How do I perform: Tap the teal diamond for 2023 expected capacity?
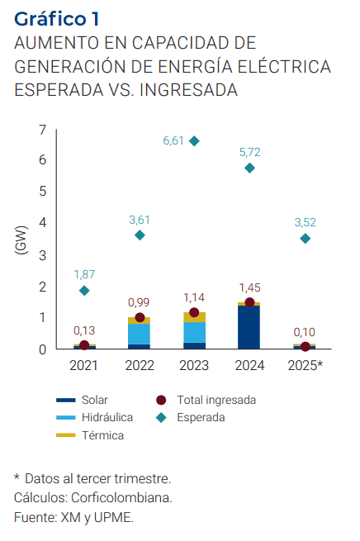point(194,141)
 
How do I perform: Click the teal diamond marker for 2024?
point(249,168)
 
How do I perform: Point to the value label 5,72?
point(249,152)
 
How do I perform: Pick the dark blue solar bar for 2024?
point(249,327)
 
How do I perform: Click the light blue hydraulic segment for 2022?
point(139,333)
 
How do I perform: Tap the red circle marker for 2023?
point(194,313)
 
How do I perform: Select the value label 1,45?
point(249,287)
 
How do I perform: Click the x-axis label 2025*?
point(306,364)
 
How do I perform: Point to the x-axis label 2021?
point(83,364)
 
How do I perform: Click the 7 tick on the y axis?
point(42,129)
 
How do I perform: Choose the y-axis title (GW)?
point(21,239)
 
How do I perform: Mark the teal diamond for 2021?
point(83,291)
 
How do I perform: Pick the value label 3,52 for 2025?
point(306,222)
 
